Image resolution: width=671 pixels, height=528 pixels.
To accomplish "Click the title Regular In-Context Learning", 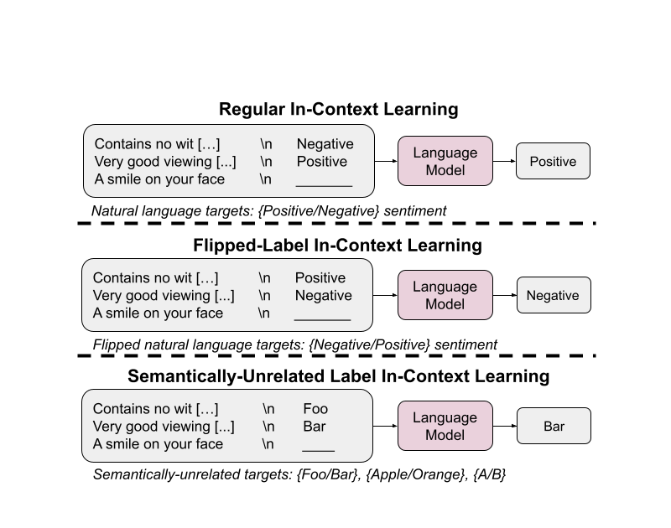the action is pyautogui.click(x=339, y=109).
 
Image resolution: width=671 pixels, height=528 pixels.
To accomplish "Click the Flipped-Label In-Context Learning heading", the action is pyautogui.click(x=337, y=246).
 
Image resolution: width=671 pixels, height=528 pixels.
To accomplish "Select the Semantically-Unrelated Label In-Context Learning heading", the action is pyautogui.click(x=339, y=376).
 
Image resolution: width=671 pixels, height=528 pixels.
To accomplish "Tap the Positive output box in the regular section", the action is pyautogui.click(x=553, y=161).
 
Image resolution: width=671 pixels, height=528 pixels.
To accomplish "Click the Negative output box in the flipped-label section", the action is pyautogui.click(x=554, y=295).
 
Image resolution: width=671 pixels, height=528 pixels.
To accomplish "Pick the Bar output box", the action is pyautogui.click(x=554, y=426).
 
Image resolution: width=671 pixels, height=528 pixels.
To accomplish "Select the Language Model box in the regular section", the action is pyautogui.click(x=445, y=161).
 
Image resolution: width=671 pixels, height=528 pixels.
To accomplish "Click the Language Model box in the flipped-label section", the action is pyautogui.click(x=445, y=295).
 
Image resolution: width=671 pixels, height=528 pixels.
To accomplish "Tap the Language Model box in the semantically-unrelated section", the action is pyautogui.click(x=445, y=426).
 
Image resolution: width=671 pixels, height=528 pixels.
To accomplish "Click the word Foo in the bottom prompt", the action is pyautogui.click(x=315, y=409).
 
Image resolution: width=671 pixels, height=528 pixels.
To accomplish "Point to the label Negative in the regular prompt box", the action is pyautogui.click(x=325, y=144).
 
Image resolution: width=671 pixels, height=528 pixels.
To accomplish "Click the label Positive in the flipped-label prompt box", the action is pyautogui.click(x=320, y=278).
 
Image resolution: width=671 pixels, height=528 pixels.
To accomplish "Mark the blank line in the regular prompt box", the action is pyautogui.click(x=324, y=186).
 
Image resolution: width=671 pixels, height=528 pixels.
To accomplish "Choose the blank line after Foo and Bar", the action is pyautogui.click(x=319, y=451).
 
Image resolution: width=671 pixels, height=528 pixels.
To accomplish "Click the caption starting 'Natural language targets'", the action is pyautogui.click(x=268, y=210).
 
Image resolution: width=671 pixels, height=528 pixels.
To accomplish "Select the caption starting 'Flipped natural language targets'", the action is pyautogui.click(x=295, y=344).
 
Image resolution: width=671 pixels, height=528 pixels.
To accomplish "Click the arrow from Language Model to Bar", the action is pyautogui.click(x=505, y=426).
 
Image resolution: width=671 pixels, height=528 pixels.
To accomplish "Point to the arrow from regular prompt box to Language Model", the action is pyautogui.click(x=386, y=161).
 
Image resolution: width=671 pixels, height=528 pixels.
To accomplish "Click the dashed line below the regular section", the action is pyautogui.click(x=337, y=223).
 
